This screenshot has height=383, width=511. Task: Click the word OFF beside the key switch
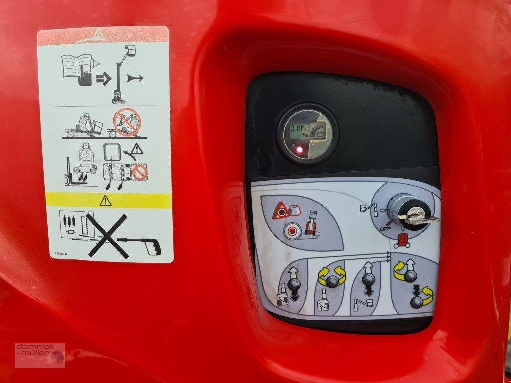pyautogui.click(x=385, y=229)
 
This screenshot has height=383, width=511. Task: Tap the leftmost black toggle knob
pyautogui.click(x=294, y=284)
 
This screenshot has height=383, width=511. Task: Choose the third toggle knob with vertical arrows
pyautogui.click(x=369, y=279)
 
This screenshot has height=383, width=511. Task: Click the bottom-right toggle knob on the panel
pyautogui.click(x=417, y=302)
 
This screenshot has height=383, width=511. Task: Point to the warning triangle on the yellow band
pyautogui.click(x=105, y=200)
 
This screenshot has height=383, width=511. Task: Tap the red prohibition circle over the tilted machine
pyautogui.click(x=127, y=121)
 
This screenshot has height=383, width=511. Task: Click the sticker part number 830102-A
pyautogui.click(x=58, y=253)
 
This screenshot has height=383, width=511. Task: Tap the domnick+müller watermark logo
pyautogui.click(x=39, y=355)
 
